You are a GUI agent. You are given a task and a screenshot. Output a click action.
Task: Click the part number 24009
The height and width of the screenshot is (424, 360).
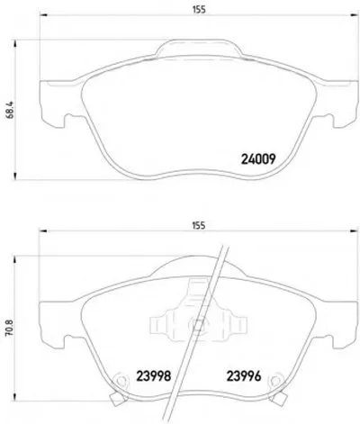pyautogui.click(x=258, y=159)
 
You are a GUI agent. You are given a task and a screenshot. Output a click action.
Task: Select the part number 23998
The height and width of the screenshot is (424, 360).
pyautogui.click(x=154, y=375)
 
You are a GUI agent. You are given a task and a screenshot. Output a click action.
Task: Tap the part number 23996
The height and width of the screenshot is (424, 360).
pyautogui.click(x=244, y=375)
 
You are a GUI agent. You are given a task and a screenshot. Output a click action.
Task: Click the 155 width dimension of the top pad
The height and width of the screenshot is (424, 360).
pyautogui.click(x=199, y=10)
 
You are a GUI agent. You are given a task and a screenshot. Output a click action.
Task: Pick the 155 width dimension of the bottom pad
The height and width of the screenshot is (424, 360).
pyautogui.click(x=199, y=225)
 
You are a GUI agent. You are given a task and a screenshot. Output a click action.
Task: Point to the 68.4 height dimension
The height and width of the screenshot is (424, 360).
pyautogui.click(x=10, y=110)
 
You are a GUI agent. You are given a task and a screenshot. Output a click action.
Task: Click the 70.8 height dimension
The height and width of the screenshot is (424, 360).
pyautogui.click(x=10, y=328)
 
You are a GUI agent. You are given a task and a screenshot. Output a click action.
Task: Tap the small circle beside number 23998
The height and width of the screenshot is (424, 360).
pyautogui.click(x=121, y=381)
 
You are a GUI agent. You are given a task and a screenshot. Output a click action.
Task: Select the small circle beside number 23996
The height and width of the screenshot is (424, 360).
pyautogui.click(x=274, y=381)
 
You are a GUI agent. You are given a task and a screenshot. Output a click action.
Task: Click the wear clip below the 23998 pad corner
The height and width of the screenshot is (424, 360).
pyautogui.click(x=117, y=399)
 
